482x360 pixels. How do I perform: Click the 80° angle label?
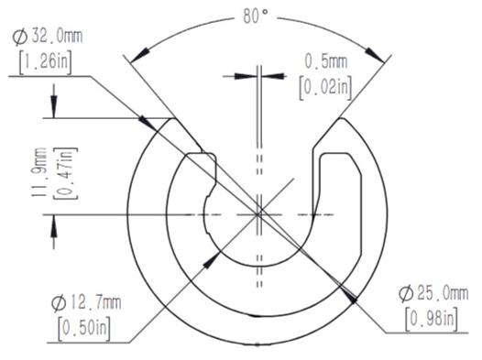click(256, 16)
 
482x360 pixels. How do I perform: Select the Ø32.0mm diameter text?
click(48, 37)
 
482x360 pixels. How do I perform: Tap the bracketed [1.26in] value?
click(46, 62)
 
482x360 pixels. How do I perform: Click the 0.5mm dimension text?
click(326, 61)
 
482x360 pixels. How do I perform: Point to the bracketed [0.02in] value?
click(326, 88)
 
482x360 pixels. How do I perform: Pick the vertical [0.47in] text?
click(65, 173)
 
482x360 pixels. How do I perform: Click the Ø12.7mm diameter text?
click(86, 303)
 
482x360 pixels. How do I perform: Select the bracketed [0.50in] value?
click(84, 328)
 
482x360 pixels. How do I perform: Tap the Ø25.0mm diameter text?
click(433, 294)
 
